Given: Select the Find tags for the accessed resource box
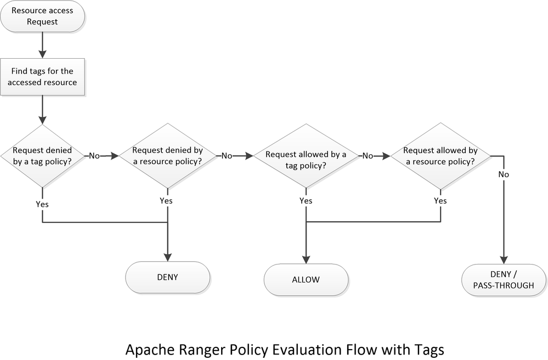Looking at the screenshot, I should coord(43,77).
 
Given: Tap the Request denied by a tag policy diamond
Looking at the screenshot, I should coord(43,156).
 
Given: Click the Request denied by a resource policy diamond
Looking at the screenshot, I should coord(166,156).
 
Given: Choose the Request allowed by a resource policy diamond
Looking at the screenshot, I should coord(439,156).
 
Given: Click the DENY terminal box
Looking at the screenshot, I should coord(167,277).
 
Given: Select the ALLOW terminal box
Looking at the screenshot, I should coord(306,280).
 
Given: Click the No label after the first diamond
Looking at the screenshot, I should coord(94,156).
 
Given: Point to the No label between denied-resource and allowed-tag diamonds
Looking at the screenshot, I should coord(227,156).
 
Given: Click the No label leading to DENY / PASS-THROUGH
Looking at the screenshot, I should coord(503,175).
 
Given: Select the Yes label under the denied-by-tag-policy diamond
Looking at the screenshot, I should coord(42,204).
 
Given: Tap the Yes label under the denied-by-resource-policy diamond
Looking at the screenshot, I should coord(166,201).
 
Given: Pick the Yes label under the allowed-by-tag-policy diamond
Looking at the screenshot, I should coord(306,201).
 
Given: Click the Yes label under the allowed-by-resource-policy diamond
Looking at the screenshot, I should coord(440,201).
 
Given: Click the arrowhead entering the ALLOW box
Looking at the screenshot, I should coord(306,260).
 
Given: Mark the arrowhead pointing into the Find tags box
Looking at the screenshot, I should coord(43,54).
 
